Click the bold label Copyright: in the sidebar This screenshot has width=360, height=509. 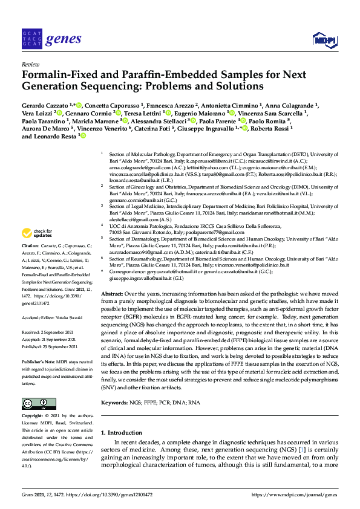[33, 416]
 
